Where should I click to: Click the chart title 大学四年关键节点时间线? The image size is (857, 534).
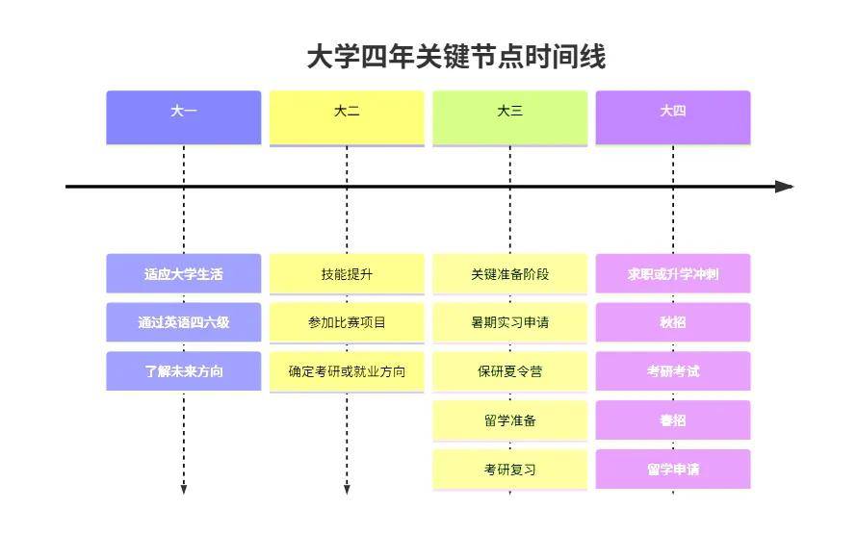[x=455, y=57]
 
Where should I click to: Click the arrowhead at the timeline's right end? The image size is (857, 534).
[x=785, y=187]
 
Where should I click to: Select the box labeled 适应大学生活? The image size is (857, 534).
[x=183, y=274]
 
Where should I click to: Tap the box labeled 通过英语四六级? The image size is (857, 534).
[x=183, y=322]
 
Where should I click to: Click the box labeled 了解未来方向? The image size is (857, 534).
[x=183, y=371]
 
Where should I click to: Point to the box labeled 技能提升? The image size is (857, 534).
[x=347, y=274]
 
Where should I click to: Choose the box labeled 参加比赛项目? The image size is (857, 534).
[x=347, y=322]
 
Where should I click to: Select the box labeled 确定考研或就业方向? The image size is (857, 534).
[x=347, y=371]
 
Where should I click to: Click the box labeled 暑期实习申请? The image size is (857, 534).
[x=509, y=322]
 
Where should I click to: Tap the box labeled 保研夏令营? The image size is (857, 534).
[x=509, y=371]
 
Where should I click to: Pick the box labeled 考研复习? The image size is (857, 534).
[x=509, y=470]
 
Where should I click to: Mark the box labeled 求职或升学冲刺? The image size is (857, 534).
[x=673, y=274]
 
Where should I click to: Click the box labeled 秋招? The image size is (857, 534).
[x=673, y=322]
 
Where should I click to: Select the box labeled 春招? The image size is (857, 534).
[x=673, y=420]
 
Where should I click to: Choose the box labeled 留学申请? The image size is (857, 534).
[x=673, y=470]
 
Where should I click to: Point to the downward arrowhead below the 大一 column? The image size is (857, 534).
[x=183, y=490]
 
